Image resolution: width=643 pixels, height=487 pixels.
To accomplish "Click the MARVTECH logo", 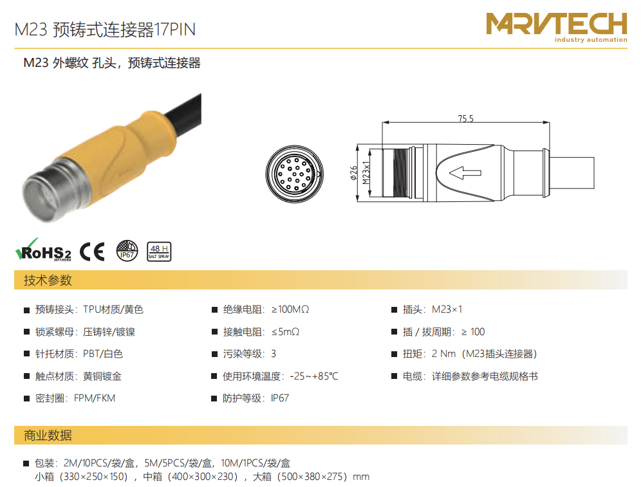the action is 557,27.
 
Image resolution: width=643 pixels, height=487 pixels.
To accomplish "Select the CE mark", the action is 92,252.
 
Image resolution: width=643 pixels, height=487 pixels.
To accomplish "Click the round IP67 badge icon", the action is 127,251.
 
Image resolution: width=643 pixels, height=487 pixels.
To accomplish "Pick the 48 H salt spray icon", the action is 159,252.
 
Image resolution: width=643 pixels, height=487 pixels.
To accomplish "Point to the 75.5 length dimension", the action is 465,118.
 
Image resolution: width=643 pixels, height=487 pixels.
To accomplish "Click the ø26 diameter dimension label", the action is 353,173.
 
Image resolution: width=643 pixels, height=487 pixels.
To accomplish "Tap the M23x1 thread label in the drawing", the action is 366,172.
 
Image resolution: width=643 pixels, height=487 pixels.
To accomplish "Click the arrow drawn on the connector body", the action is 465,173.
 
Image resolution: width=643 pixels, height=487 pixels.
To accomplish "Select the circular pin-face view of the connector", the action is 294,174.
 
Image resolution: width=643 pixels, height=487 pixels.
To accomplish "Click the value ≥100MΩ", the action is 290,309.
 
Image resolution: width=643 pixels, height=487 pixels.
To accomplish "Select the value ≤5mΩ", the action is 285,331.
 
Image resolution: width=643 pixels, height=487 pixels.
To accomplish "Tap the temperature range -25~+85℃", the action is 314,376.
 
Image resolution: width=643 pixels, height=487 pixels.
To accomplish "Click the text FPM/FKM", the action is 95,398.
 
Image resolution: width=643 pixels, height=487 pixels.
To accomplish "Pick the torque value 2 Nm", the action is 443,354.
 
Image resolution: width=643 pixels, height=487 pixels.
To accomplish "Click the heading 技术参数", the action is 48,280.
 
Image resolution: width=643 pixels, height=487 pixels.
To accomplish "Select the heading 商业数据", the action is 48,436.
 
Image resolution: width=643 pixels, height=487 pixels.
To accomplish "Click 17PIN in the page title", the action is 174,30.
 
